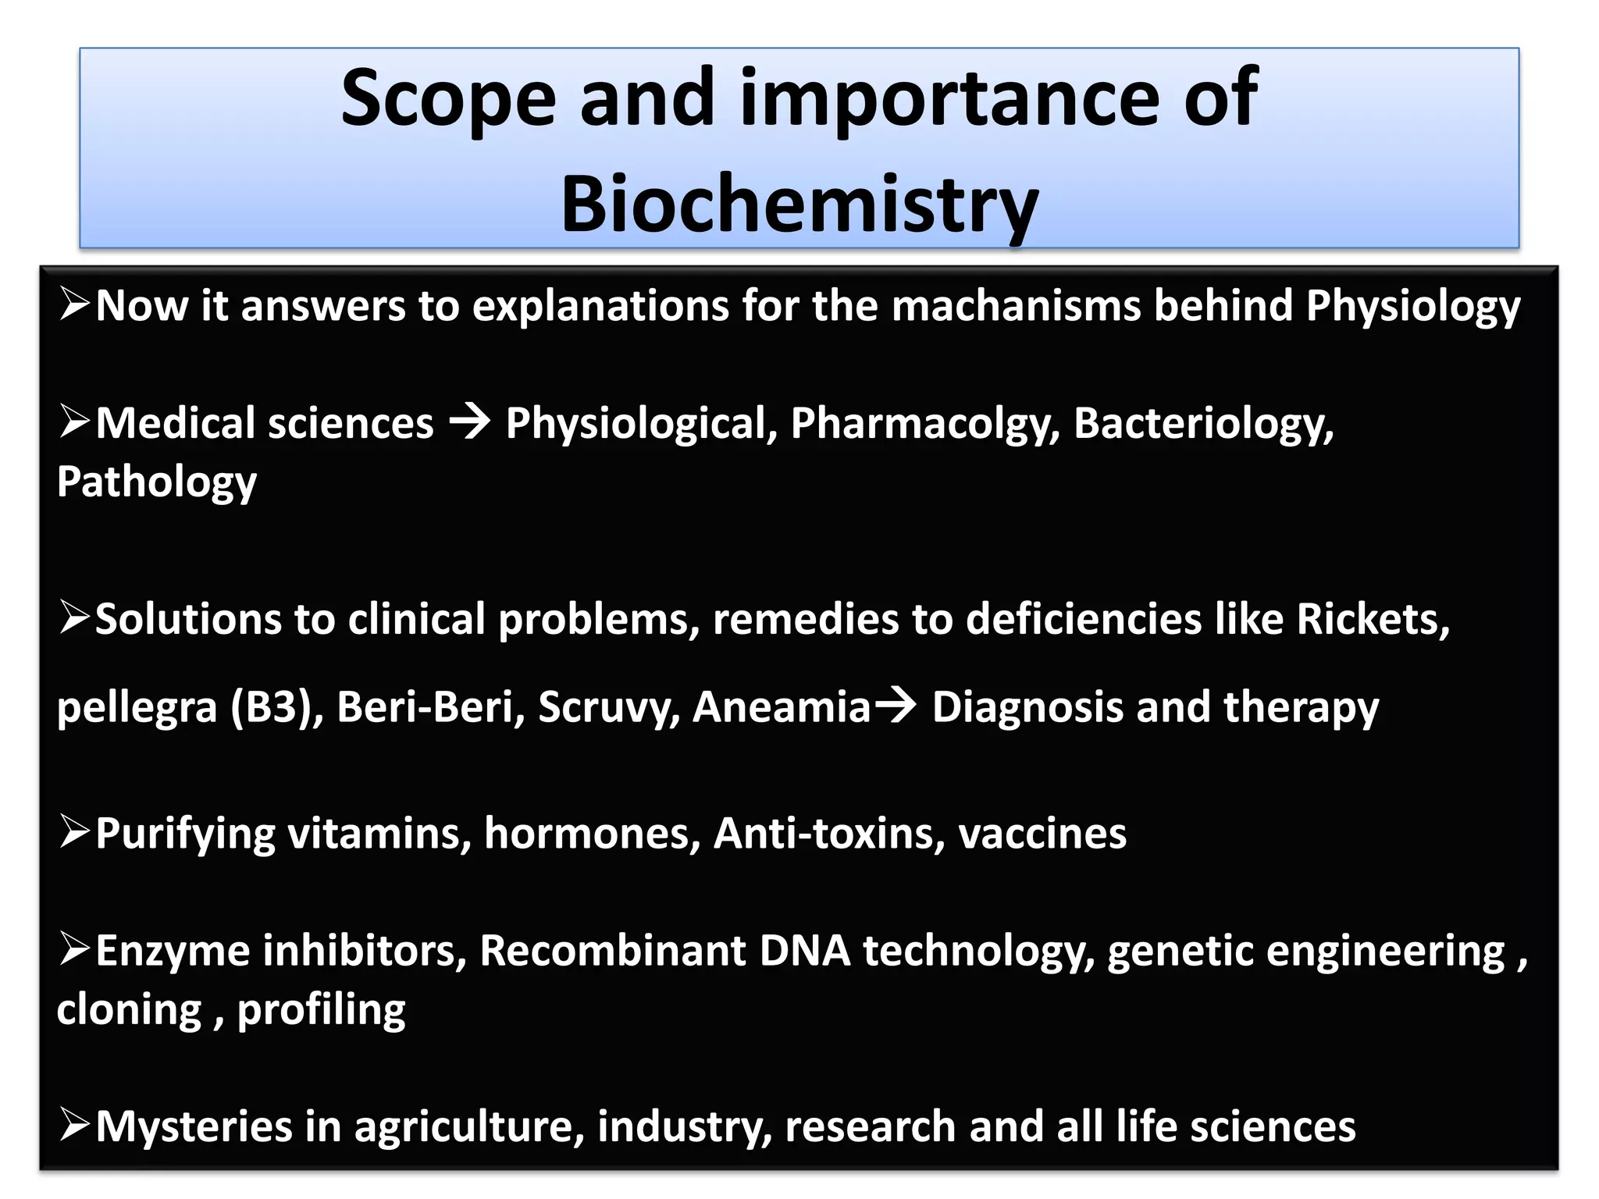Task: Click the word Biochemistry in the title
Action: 799,205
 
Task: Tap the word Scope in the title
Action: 449,98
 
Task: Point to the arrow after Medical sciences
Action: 469,422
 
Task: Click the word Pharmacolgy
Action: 925,424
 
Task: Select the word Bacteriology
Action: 1203,424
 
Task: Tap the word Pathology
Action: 157,482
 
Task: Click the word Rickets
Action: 1372,619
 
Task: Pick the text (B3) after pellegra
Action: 276,707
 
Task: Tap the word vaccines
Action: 1042,834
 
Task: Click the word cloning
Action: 129,1010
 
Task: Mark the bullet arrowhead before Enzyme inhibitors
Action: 75,950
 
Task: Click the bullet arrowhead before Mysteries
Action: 75,1126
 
